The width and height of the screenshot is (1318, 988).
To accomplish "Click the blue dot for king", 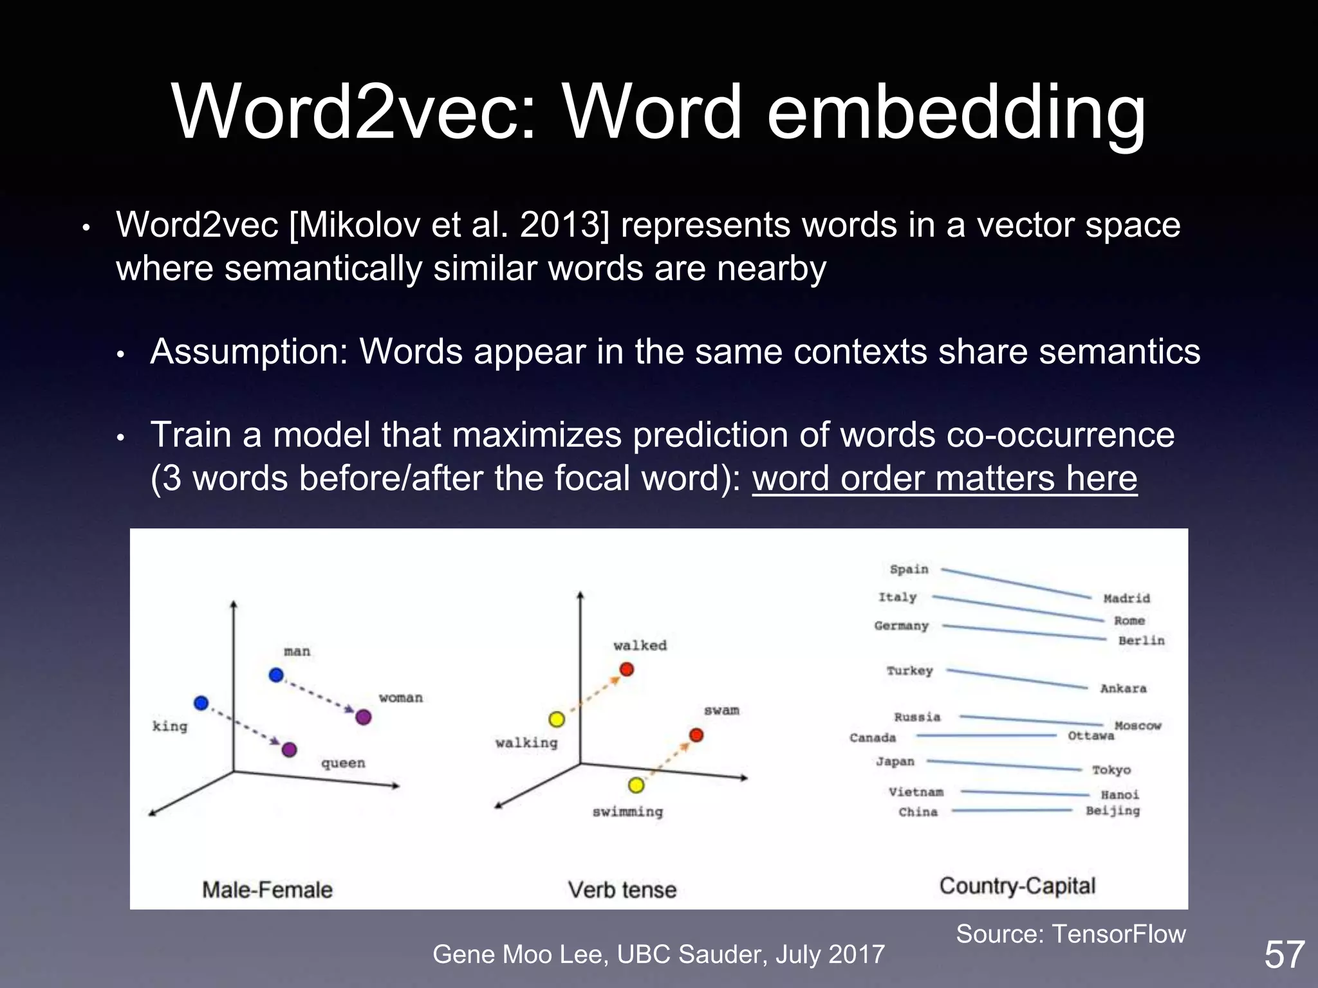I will [x=201, y=703].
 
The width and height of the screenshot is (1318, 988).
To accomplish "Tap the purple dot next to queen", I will [x=290, y=749].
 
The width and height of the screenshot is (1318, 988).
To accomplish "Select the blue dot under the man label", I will [x=276, y=675].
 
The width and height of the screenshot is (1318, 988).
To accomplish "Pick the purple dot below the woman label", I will [x=364, y=717].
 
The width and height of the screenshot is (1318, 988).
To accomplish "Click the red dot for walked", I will [x=627, y=670].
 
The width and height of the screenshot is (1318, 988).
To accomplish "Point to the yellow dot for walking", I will [x=557, y=719].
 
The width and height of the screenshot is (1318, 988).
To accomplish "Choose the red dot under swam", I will [x=696, y=735].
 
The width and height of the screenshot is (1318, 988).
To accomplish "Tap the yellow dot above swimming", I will [x=636, y=785].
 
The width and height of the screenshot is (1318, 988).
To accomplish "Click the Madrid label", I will [x=1126, y=598].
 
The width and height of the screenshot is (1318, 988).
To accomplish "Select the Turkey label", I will [x=909, y=671].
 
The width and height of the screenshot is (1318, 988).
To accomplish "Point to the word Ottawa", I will [x=1090, y=736].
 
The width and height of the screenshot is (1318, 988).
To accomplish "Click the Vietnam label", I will [x=916, y=792].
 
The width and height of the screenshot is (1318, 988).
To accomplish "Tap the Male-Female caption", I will [x=267, y=890].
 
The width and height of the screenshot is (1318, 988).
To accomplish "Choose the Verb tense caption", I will [x=622, y=890].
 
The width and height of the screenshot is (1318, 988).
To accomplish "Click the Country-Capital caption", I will [x=1017, y=886].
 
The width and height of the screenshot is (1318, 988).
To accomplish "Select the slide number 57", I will [x=1285, y=954].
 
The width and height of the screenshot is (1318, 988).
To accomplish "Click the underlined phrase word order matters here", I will [x=945, y=479].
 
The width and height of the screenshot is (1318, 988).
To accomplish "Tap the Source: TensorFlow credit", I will [x=1070, y=933].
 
